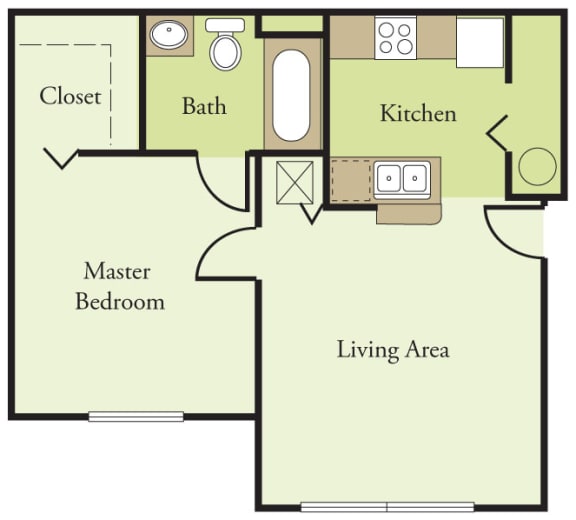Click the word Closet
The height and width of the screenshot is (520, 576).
coord(70,96)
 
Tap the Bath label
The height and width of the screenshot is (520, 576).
coord(204,106)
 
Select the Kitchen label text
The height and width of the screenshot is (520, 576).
coord(418,113)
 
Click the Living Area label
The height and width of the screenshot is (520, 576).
coord(392,349)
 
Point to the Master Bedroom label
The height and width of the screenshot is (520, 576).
coord(118,285)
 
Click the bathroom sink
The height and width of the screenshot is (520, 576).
coord(170,36)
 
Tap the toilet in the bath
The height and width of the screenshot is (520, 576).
coord(225,44)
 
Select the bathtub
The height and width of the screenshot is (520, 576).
coord(293,95)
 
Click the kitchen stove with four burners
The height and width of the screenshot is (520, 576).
coord(395,38)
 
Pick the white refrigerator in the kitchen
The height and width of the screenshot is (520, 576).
coord(480,42)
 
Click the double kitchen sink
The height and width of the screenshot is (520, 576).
coord(401,178)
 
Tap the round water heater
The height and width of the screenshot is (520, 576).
coord(535,165)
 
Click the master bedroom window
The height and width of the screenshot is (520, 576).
coord(136,416)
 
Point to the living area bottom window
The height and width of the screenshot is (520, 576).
coord(387,506)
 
